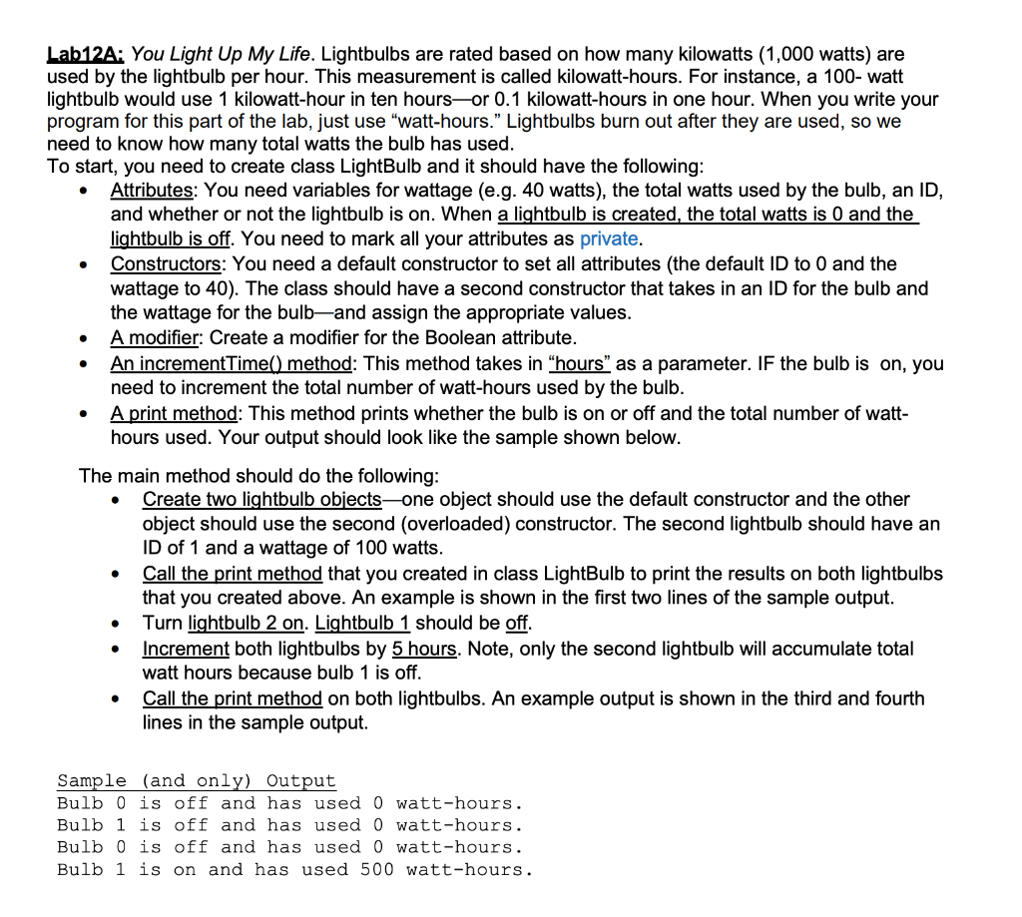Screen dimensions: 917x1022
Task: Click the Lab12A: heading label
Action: [x=86, y=54]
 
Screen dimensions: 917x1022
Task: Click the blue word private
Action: [x=609, y=238]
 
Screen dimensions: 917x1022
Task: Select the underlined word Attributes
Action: [x=150, y=190]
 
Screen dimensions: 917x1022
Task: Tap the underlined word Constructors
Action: [x=166, y=263]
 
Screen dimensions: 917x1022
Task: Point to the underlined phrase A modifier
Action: [x=154, y=337]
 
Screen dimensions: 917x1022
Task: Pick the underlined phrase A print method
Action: [x=172, y=412]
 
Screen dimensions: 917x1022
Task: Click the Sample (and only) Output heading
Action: [x=197, y=780]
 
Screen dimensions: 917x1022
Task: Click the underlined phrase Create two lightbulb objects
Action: [x=261, y=499]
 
